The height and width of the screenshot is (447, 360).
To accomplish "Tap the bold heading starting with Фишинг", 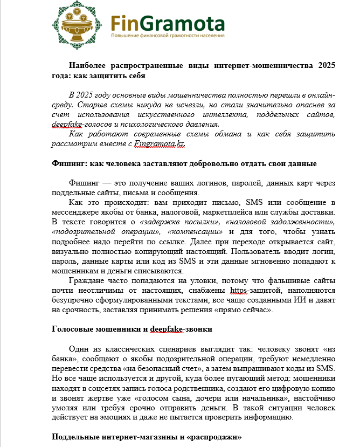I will (x=183, y=163).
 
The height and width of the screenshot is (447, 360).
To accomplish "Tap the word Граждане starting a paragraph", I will (x=88, y=281).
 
